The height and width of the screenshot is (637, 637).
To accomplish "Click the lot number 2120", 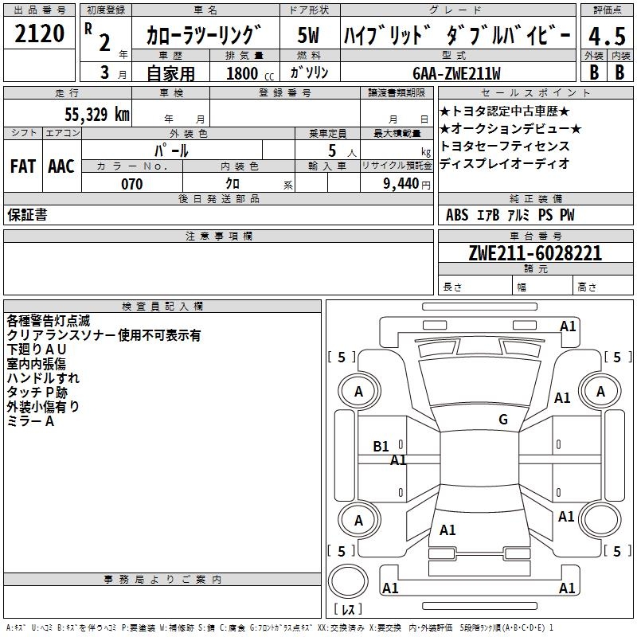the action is click(40, 34).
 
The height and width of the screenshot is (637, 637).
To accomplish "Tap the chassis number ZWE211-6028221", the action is click(534, 253).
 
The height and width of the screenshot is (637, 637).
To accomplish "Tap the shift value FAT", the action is click(22, 166).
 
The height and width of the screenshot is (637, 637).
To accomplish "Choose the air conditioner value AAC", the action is click(61, 166).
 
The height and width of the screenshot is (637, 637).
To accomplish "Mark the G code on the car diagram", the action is click(502, 420).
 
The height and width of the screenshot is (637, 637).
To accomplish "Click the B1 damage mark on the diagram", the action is click(381, 447).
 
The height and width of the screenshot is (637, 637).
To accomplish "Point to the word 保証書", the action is click(27, 215).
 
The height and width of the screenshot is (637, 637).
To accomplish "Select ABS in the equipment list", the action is click(457, 215).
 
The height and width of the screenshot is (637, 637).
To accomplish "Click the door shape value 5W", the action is click(308, 36).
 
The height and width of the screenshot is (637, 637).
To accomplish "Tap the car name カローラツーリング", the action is click(204, 37).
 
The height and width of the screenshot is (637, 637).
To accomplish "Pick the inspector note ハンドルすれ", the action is click(43, 379).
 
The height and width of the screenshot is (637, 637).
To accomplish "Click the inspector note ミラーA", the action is click(30, 421).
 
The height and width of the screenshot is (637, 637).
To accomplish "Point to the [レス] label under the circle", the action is click(348, 610).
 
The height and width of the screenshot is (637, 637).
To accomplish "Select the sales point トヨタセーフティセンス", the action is click(505, 147).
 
